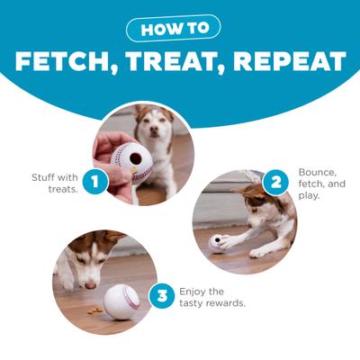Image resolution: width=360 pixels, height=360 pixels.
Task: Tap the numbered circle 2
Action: (x=274, y=183)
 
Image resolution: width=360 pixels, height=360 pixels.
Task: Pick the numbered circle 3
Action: (x=161, y=296)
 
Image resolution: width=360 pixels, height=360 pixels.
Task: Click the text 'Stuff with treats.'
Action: (x=56, y=182)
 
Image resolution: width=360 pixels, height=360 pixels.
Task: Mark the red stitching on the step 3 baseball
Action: (x=135, y=297)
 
